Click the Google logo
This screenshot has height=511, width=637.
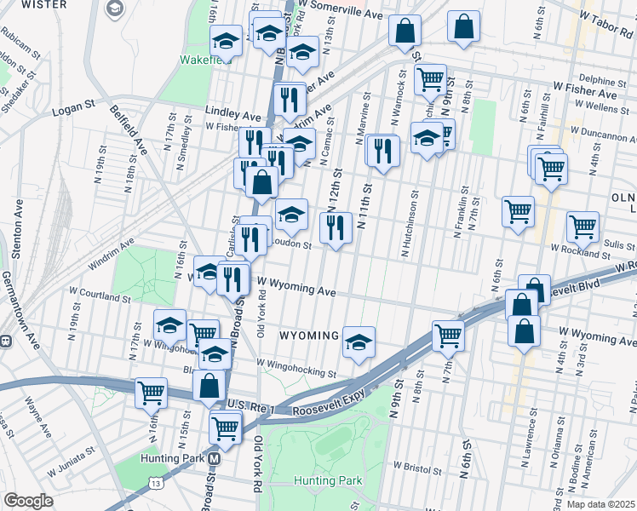(x=28, y=500)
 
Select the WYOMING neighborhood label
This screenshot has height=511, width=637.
(x=309, y=336)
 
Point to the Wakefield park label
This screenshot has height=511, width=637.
(x=202, y=60)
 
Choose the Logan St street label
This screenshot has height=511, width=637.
(x=72, y=108)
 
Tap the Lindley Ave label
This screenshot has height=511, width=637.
(x=232, y=112)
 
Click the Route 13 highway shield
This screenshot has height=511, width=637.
(x=155, y=484)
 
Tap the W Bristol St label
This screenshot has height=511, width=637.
(x=417, y=468)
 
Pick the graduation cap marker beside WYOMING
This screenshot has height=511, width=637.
(x=359, y=342)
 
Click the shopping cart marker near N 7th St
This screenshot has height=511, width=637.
(x=447, y=336)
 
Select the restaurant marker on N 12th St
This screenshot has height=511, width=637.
(x=336, y=227)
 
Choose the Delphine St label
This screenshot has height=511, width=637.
(x=602, y=81)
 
